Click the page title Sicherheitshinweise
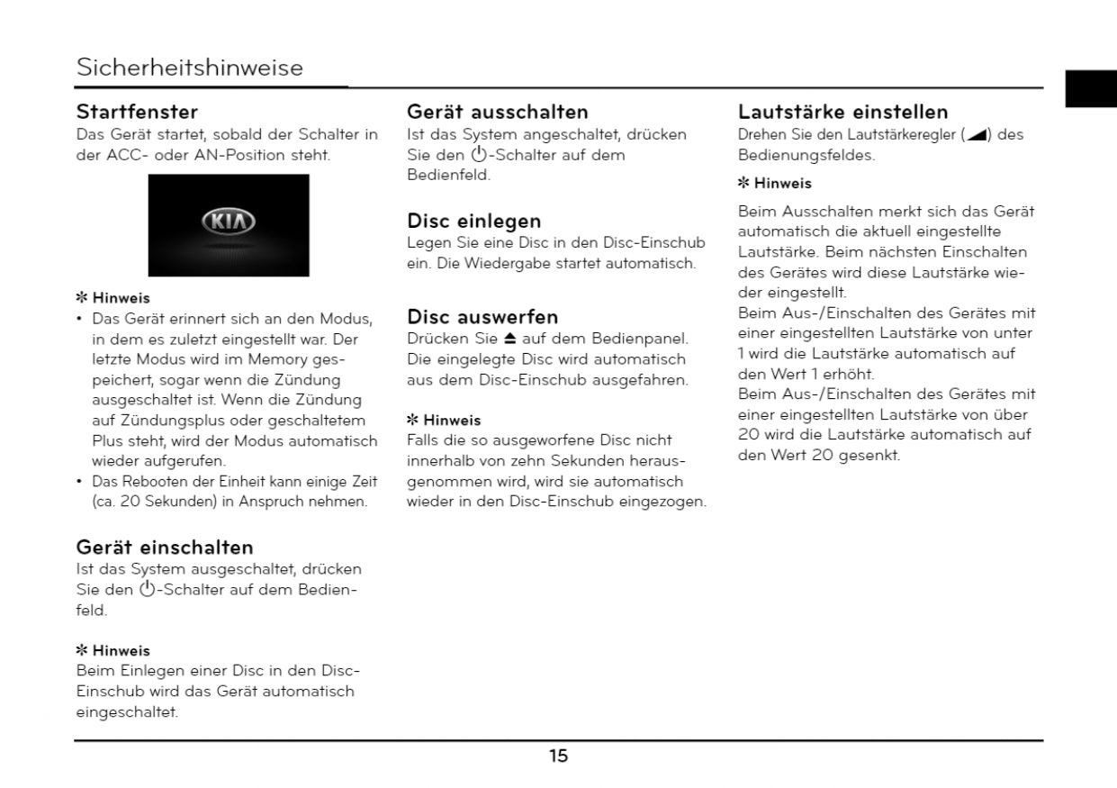point(190,68)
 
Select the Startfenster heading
point(137,113)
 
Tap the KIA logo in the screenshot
point(229,222)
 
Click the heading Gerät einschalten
point(165,548)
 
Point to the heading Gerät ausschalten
point(498,113)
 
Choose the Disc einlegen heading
point(474,222)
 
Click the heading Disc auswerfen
point(482,317)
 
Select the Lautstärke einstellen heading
point(842,113)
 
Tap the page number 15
point(559,756)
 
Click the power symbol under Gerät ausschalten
point(479,155)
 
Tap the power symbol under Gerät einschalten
point(148,591)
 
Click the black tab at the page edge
point(1090,88)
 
